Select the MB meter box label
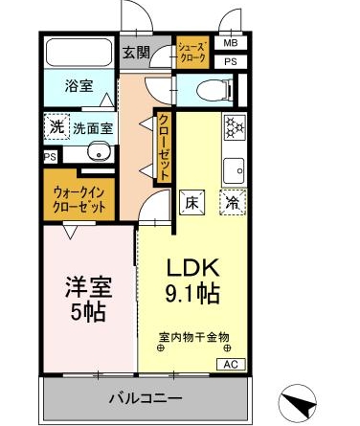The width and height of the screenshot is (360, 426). (x=230, y=43)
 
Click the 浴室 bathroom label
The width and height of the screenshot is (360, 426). (x=79, y=86)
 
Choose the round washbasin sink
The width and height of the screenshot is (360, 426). (x=97, y=152)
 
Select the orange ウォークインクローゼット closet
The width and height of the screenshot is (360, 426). (x=79, y=199)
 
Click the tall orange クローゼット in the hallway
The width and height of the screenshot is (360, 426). (x=165, y=146)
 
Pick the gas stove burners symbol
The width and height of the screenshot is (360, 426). (x=235, y=127)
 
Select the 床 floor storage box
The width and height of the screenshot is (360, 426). (x=191, y=202)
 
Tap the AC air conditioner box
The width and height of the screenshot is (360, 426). (x=232, y=365)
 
